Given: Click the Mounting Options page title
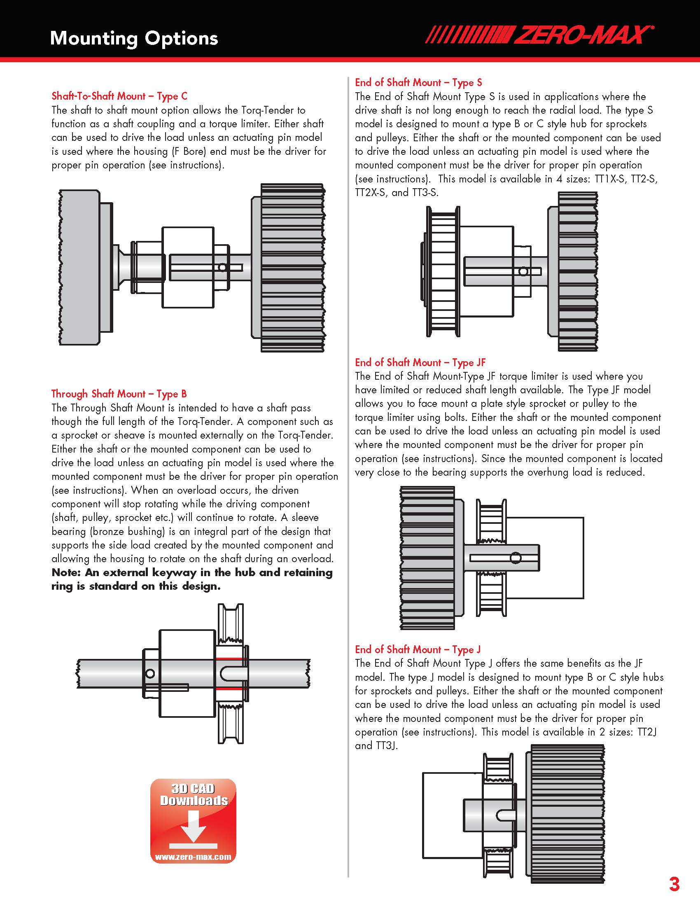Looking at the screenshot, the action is pos(134,39).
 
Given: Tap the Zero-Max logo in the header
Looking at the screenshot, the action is pos(539,35).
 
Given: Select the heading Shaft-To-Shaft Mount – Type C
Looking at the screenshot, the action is pos(119,96).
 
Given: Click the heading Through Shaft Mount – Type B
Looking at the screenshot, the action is pos(119,394).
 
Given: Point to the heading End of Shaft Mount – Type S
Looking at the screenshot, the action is pos(418,82).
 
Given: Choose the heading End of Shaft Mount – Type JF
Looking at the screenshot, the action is pos(420,362).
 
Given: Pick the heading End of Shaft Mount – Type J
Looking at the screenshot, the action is pos(418,649).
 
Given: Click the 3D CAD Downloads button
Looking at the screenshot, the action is pos(193,821).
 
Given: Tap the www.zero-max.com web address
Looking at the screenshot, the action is pos(193,857).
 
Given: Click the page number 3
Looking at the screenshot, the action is pos(674,885).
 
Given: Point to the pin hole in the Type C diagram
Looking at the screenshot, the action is pos(222,267).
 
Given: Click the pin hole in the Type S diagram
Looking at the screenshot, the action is pos(523,271).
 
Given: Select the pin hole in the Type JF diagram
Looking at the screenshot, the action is pos(516,558).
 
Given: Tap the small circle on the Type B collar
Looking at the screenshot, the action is pos(150,673).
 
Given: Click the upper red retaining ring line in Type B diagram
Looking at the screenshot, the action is pos(231,658).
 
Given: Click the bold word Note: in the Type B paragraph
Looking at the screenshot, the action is pos(67,573).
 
